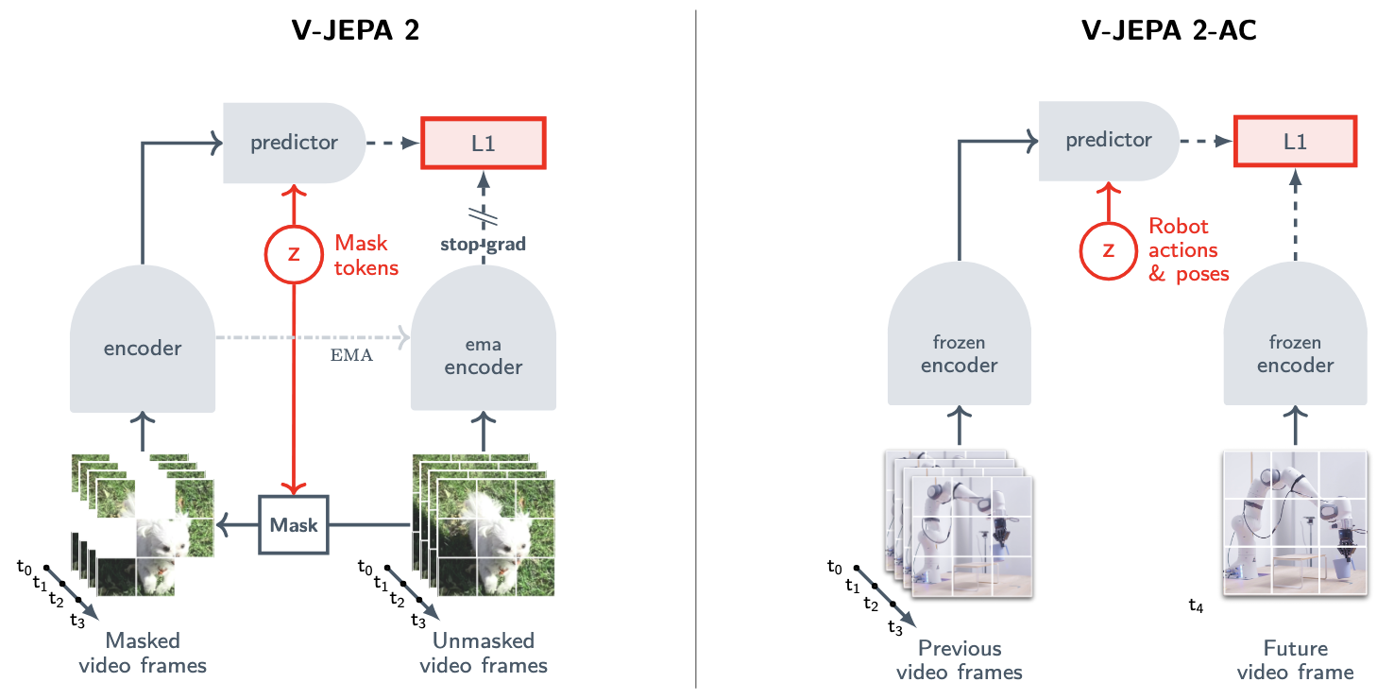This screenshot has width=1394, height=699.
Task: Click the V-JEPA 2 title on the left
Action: (355, 30)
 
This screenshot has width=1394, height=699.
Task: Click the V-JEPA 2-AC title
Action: (1168, 30)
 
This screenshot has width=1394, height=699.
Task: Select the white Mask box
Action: (294, 524)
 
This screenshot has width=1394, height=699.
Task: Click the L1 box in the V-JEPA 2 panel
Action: (484, 144)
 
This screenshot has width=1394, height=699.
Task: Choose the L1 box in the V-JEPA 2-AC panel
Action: (1295, 142)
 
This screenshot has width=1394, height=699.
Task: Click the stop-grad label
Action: (483, 244)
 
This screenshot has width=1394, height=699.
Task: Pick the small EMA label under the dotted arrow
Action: (351, 355)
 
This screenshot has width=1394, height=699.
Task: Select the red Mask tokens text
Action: (365, 255)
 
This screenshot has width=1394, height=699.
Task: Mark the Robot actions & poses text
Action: (1188, 249)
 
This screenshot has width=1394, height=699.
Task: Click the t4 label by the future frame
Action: (1196, 605)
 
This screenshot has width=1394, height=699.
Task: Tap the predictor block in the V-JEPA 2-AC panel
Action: (1109, 142)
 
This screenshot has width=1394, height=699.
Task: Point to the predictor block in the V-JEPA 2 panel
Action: (295, 144)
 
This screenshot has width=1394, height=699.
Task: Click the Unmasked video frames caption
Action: (484, 653)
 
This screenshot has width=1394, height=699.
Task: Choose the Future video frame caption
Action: (1295, 659)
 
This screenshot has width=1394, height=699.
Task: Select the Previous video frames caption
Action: (959, 659)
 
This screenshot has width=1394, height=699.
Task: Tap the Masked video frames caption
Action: (143, 653)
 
